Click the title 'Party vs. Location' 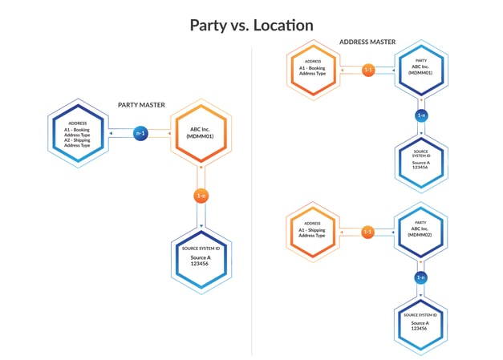coord(251,25)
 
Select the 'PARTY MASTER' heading coord(141,104)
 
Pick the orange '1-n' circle coord(201,196)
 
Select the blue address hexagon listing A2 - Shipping coord(79,134)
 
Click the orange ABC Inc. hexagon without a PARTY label coord(201,134)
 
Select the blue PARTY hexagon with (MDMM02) coord(420,232)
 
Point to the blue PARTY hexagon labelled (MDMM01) coord(420,71)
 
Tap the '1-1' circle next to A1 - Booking coord(368,71)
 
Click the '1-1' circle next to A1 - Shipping coord(368,232)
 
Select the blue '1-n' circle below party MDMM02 coord(420,277)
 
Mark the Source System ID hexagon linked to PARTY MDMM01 coord(420,163)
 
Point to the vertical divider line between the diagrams coord(252,200)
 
